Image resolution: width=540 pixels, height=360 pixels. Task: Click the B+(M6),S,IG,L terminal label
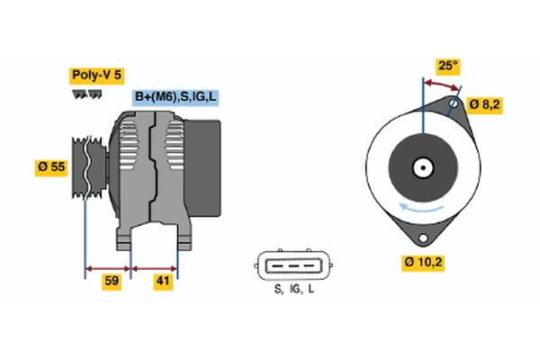point(175,97)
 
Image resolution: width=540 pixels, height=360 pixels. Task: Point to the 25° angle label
point(447,66)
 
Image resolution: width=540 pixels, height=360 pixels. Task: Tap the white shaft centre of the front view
point(422,167)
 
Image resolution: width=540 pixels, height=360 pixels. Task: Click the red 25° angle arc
point(441,83)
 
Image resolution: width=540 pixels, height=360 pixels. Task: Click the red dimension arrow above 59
point(107,267)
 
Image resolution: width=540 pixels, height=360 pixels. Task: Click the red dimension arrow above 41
point(155,267)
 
